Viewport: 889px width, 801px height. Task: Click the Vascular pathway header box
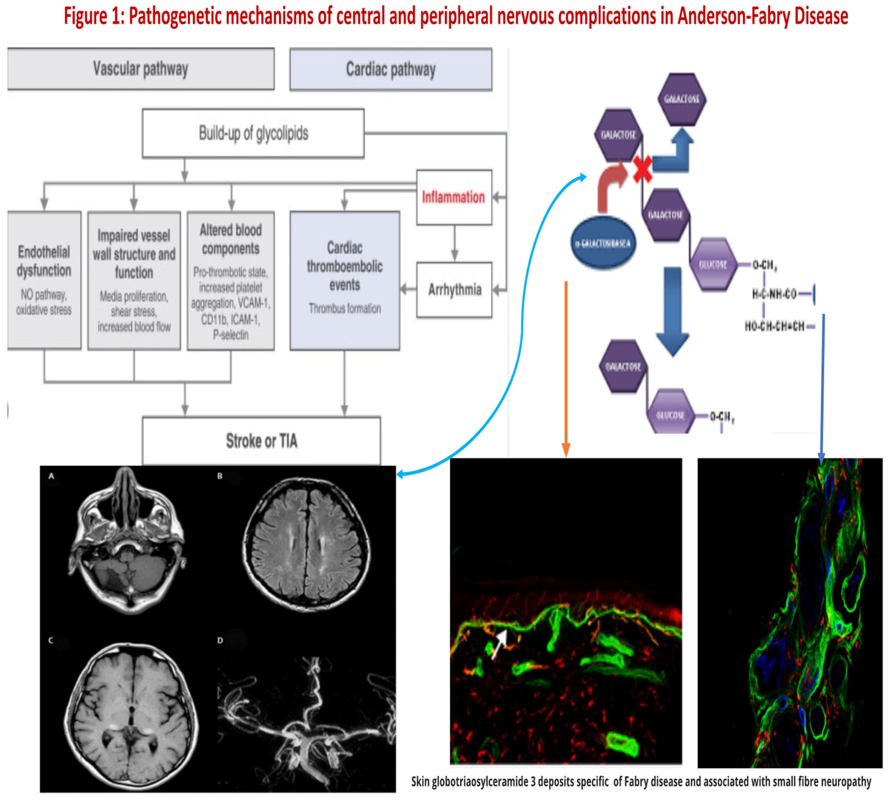pyautogui.click(x=141, y=69)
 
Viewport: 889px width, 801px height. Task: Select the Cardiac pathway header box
pyautogui.click(x=391, y=70)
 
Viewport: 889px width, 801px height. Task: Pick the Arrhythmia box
pyautogui.click(x=454, y=290)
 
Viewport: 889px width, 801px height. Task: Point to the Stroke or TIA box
pyautogui.click(x=261, y=440)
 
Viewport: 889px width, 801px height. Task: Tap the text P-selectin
pyautogui.click(x=231, y=335)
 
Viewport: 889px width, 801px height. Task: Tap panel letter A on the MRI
pyautogui.click(x=51, y=476)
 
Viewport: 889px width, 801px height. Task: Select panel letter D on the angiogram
pyautogui.click(x=220, y=640)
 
